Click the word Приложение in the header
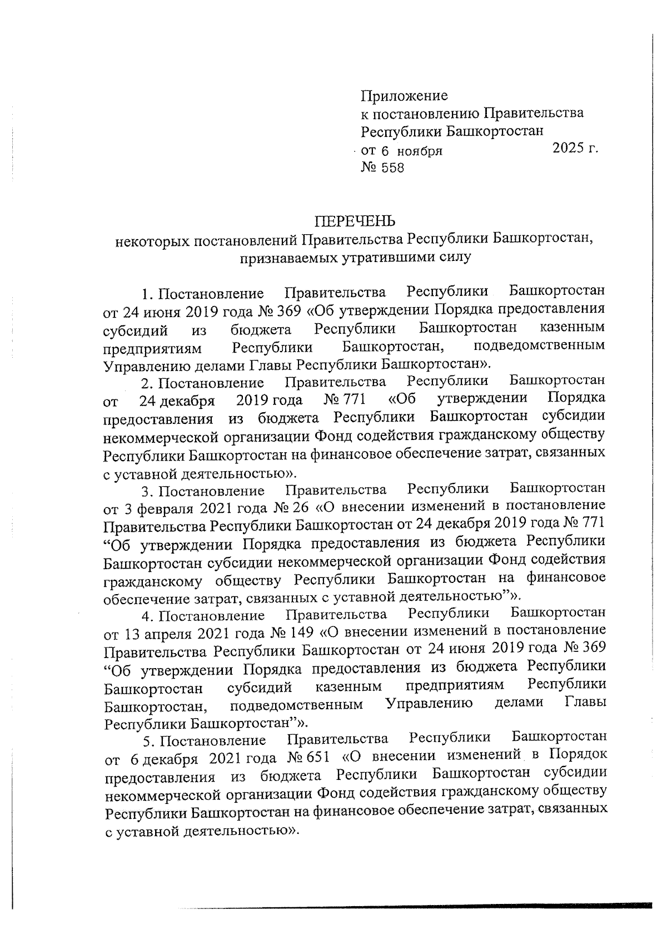pos(404,96)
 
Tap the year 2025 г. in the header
pos(575,149)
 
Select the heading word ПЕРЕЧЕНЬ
pos(355,221)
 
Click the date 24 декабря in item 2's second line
pos(177,400)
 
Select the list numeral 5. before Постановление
pos(148,741)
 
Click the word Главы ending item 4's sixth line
pos(585,703)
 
